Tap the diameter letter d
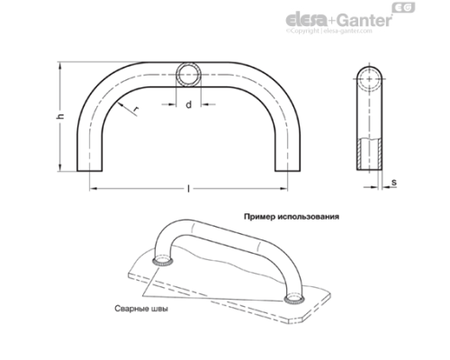(188, 106)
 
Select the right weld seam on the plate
(293, 300)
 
